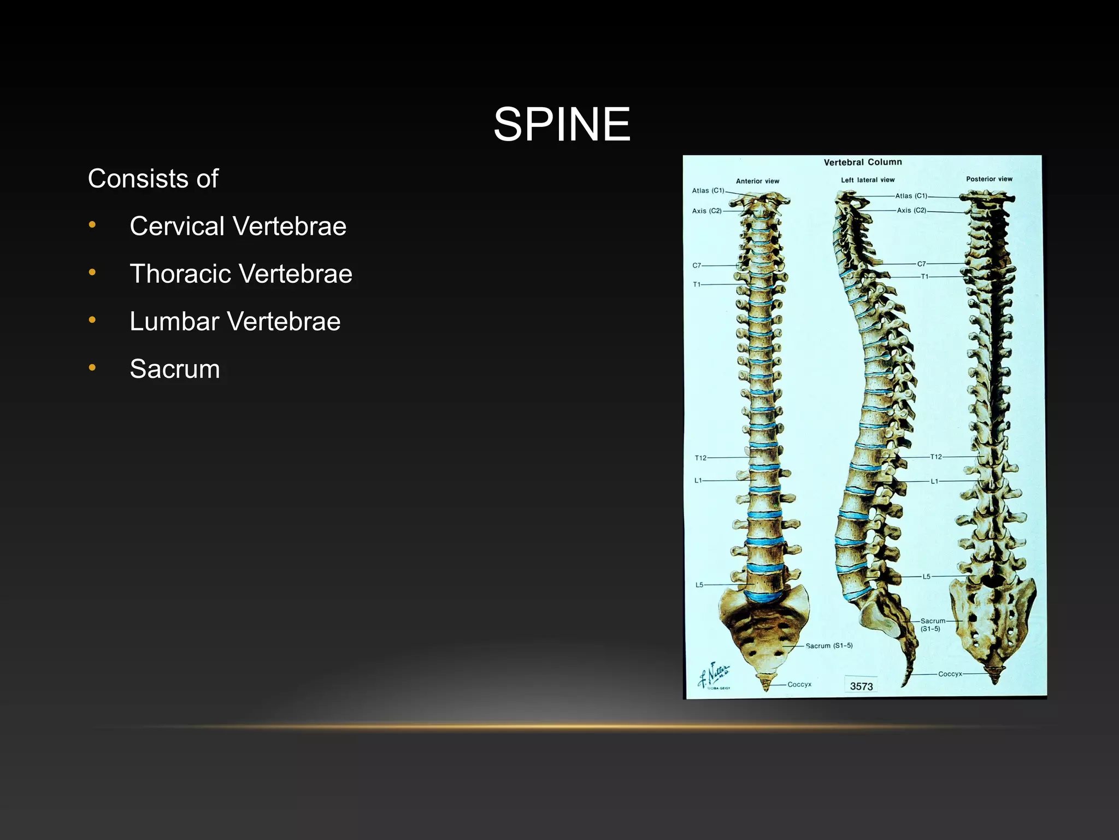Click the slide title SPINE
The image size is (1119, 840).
pos(562,124)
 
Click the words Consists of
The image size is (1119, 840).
pos(153,179)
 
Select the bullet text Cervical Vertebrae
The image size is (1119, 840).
pos(238,226)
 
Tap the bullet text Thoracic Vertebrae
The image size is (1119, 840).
pos(240,274)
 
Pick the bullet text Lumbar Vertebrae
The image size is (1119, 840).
pos(235,322)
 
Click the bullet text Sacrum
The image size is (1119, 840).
pos(175,369)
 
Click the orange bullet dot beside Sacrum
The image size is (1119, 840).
pos(92,368)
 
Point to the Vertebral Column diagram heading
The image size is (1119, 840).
pos(863,162)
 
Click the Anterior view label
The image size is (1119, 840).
pos(757,181)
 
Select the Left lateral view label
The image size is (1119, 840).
pos(868,180)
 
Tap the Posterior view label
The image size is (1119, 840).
pos(989,179)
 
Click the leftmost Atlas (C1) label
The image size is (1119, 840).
pos(708,191)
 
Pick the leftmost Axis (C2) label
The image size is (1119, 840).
pos(707,211)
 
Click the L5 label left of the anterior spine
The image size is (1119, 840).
pos(699,585)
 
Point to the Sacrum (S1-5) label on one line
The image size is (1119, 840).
pos(829,646)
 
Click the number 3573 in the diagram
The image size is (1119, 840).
pos(862,686)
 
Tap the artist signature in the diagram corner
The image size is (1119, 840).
pos(714,675)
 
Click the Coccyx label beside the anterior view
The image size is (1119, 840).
pos(799,685)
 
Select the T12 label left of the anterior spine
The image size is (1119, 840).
pos(700,458)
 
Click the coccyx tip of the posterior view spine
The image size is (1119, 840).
pos(994,680)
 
